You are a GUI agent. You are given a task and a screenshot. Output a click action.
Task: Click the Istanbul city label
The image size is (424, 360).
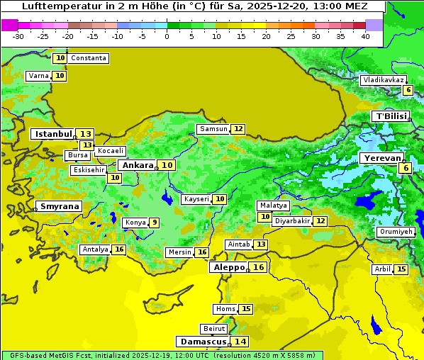pyautogui.click(x=53, y=134)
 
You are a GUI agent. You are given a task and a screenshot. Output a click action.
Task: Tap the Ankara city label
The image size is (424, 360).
pyautogui.click(x=137, y=165)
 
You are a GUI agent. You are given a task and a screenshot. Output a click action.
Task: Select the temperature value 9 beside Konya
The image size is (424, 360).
pyautogui.click(x=154, y=223)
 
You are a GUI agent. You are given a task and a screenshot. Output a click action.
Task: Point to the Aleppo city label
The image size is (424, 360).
pyautogui.click(x=228, y=268)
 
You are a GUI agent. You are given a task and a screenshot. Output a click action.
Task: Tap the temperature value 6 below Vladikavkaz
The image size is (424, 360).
pyautogui.click(x=408, y=90)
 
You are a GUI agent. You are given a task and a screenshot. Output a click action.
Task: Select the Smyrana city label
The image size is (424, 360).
pyautogui.click(x=60, y=206)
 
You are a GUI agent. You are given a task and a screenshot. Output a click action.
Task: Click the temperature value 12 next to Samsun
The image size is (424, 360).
pyautogui.click(x=238, y=129)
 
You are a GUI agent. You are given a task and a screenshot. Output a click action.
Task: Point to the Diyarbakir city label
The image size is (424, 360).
pyautogui.click(x=292, y=221)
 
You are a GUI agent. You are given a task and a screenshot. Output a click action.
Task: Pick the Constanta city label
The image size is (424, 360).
pyautogui.click(x=89, y=58)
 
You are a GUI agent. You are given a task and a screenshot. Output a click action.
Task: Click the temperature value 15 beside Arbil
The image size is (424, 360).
pyautogui.click(x=401, y=269)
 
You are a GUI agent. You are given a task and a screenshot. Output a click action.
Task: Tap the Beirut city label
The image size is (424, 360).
pyautogui.click(x=213, y=329)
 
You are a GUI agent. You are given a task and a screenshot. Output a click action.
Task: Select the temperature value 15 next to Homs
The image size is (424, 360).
pyautogui.click(x=246, y=309)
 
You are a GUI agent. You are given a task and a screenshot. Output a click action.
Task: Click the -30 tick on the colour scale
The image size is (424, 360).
pyautogui.click(x=18, y=35)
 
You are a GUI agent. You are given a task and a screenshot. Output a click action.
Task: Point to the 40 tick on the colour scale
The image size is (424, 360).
pyautogui.click(x=365, y=35)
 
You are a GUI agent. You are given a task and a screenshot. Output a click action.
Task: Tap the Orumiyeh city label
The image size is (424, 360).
pyautogui.click(x=395, y=232)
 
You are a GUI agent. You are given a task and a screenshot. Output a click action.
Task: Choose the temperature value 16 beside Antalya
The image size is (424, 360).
pyautogui.click(x=119, y=249)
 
